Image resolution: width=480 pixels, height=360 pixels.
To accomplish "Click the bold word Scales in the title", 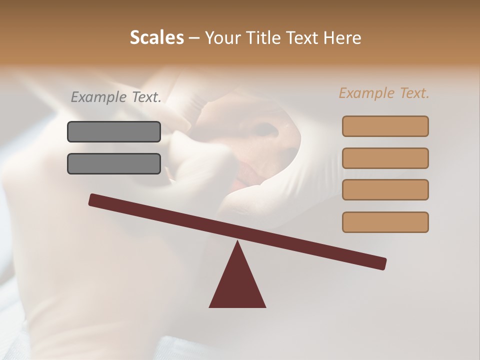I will coord(157,37).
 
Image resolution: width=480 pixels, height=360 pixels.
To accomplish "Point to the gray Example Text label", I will coord(116,97).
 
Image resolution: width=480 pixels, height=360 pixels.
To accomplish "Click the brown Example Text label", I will coord(384,93).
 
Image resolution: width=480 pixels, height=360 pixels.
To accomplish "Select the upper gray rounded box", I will coord(114,131).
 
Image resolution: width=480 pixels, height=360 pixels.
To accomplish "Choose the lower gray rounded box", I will coord(114,163).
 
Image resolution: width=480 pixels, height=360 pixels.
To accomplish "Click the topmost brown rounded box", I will coord(385,126).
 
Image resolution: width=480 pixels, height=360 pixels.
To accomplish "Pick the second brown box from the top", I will coord(385,158).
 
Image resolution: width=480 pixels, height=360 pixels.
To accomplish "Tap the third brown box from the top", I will coord(385,189).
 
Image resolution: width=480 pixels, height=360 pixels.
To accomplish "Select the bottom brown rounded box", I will coord(385,222).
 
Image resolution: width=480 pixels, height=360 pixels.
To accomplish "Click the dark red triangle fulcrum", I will coord(237,285).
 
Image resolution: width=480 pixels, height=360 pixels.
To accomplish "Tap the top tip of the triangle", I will coord(237,242).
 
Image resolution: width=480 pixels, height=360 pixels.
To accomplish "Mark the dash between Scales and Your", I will coord(194,37).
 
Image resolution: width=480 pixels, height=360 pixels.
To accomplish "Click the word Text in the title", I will coord(304,37).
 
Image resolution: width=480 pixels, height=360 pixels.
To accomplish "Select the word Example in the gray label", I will coord(99,97).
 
